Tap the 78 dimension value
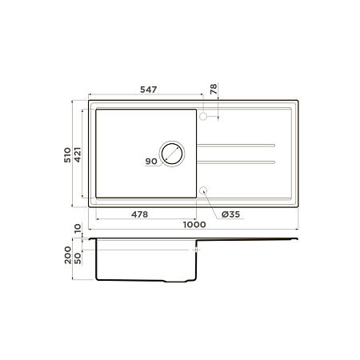pyautogui.click(x=214, y=90)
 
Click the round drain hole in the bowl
pyautogui.click(x=172, y=154)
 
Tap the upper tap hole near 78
pyautogui.click(x=203, y=117)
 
